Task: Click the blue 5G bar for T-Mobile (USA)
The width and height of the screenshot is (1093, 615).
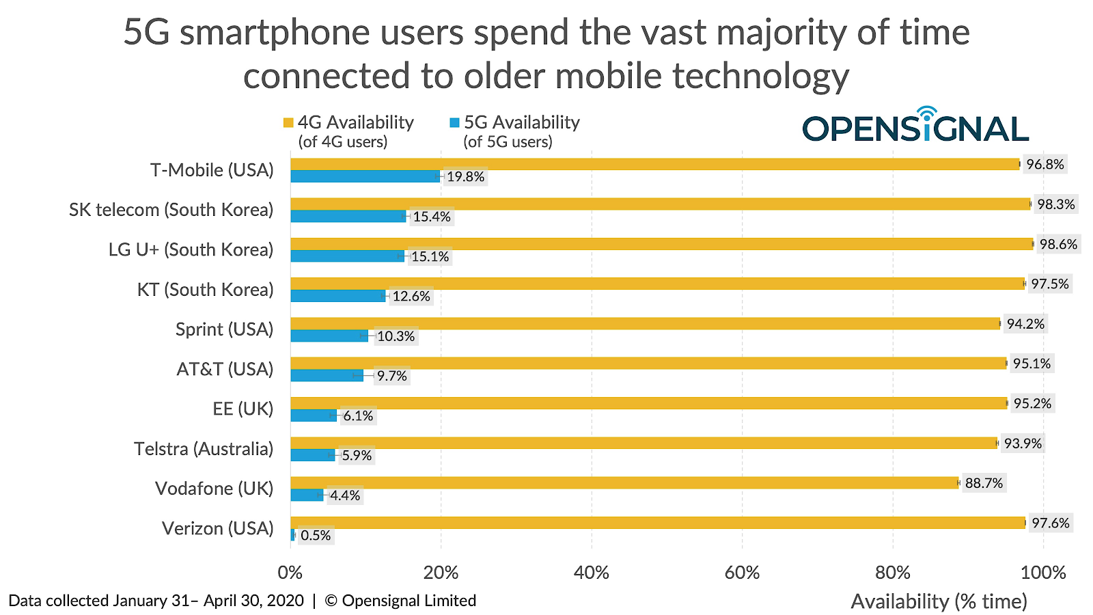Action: [x=365, y=176]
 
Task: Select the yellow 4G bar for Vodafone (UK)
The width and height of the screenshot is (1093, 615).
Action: [x=624, y=482]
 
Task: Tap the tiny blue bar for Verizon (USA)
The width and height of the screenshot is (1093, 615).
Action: [x=293, y=535]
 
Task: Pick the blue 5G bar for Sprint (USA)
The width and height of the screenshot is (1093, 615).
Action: [x=329, y=336]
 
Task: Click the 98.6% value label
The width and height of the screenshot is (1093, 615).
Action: [x=1058, y=244]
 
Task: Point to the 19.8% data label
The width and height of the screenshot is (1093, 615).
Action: [x=465, y=177]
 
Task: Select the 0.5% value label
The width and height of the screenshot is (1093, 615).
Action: [x=316, y=536]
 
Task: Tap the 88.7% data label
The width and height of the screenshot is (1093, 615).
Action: [x=984, y=483]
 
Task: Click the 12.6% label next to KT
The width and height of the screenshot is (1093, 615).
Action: [x=411, y=297]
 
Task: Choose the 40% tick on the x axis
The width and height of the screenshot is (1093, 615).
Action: [x=592, y=573]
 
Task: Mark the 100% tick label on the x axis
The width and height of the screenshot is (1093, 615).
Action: [x=1043, y=573]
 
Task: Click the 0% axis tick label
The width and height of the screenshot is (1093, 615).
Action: [x=290, y=573]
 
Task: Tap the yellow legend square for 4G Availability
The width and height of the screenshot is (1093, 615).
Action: [x=288, y=122]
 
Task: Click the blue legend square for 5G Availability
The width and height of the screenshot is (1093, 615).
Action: [x=454, y=122]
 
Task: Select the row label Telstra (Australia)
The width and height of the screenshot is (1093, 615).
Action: [x=204, y=448]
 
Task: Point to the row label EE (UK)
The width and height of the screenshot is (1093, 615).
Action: [x=243, y=409]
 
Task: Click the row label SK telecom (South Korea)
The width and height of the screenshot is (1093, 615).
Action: [x=171, y=209]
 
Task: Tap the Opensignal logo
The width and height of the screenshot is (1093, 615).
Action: [x=915, y=124]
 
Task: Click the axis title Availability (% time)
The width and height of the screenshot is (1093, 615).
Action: [x=939, y=601]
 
